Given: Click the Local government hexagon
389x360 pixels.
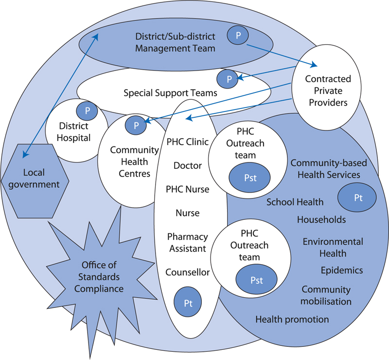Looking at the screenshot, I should [x=36, y=178].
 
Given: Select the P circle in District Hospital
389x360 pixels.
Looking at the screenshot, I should [x=88, y=111].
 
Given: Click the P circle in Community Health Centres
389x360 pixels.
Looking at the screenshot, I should [x=137, y=125].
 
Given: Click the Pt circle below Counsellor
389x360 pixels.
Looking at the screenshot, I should [x=188, y=302].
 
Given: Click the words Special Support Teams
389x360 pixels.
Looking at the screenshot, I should [x=170, y=92].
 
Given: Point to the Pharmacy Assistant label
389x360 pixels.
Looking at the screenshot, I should [x=188, y=242].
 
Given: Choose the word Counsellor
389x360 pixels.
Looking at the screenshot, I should [x=188, y=272].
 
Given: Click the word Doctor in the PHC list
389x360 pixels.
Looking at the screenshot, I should [x=188, y=165].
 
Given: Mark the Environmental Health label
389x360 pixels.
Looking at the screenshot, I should [x=333, y=247].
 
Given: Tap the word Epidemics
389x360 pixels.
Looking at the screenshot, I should [x=342, y=270].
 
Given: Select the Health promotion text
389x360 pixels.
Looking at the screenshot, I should [x=292, y=319].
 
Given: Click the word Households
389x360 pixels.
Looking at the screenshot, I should [x=321, y=220].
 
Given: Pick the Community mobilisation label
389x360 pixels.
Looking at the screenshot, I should [x=326, y=295].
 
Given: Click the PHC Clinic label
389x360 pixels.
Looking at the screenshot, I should [x=188, y=142].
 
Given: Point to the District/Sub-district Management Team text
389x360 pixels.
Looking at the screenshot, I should [x=175, y=42].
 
